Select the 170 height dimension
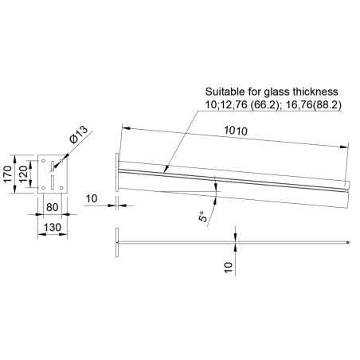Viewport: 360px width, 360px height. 8,173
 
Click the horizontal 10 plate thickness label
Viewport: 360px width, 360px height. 92,198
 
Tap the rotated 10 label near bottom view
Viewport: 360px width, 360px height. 229,267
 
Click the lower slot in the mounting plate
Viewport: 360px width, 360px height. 51,182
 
